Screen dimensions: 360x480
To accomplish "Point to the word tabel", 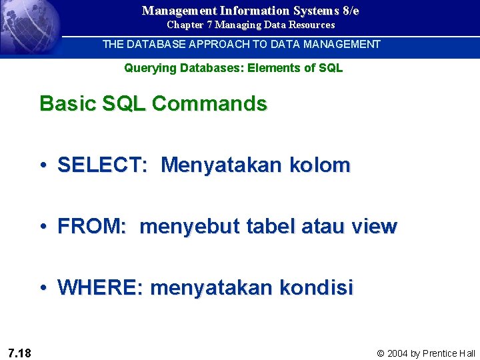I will coord(271,227).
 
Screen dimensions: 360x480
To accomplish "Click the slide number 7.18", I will coord(19,353).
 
